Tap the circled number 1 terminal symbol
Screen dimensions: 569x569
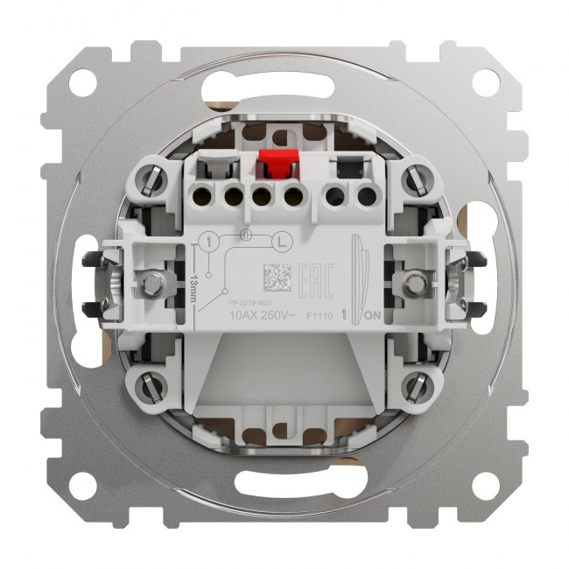(x=209, y=241)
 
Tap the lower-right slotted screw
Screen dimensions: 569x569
(x=415, y=384)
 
